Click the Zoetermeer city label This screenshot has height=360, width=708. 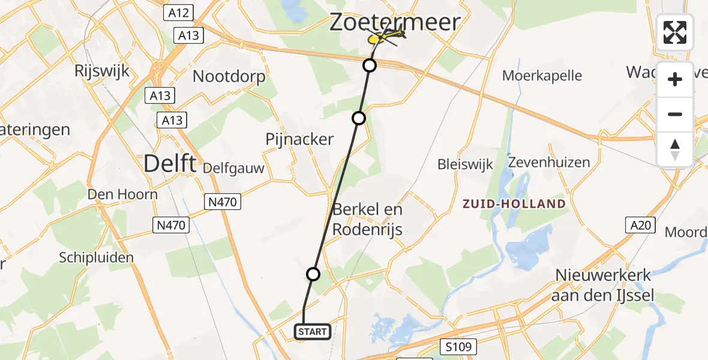(x=395, y=22)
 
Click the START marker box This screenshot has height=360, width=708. (x=313, y=331)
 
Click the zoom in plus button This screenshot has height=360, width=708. (x=675, y=79)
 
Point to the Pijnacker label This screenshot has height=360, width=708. (x=299, y=139)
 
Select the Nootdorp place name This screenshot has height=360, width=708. (x=229, y=77)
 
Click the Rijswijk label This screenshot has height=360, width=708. (x=102, y=71)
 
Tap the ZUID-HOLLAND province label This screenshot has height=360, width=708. (x=514, y=203)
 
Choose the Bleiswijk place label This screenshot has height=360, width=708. (x=465, y=164)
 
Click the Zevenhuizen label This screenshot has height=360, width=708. (x=548, y=163)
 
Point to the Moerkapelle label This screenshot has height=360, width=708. (x=542, y=76)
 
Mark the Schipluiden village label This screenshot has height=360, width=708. (x=96, y=257)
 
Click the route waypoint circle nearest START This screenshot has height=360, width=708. (x=313, y=274)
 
